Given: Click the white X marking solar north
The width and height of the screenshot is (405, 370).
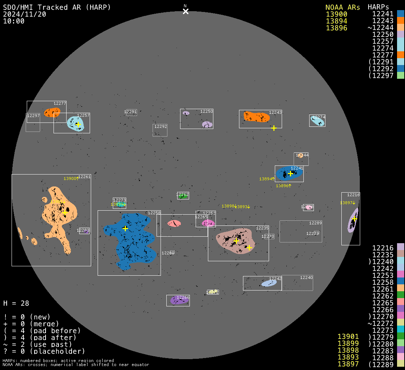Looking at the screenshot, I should coord(186,11).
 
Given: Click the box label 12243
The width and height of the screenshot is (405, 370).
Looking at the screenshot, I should coord(275,112).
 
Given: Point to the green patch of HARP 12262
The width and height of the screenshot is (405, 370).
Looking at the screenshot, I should coord(183,196).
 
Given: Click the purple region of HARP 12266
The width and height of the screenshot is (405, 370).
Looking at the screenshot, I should coord(179,300).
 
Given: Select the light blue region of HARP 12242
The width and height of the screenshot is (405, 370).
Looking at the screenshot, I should coord(269,283).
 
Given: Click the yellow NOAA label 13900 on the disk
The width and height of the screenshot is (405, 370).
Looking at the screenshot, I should coord(70,178).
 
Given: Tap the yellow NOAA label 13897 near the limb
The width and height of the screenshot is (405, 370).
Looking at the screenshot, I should coord(346,203).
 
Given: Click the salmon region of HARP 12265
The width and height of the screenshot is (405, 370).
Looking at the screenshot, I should coord(174,223).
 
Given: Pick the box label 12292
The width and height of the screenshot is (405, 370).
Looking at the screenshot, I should coord(161,126).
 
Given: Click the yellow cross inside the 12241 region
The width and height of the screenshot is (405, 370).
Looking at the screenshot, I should coord(290,173).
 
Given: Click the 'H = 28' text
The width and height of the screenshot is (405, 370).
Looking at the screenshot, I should coord(16,303).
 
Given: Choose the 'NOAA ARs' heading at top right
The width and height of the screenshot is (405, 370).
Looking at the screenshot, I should coord(342,7).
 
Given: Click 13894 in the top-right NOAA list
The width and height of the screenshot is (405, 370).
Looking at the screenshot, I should coord(337,21).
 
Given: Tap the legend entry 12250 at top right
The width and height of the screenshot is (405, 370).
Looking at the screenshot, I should coord(383,34).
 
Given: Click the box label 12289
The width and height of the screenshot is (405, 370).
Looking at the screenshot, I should coord(315,223).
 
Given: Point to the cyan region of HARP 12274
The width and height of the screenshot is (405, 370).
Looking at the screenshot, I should coord(317,121).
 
